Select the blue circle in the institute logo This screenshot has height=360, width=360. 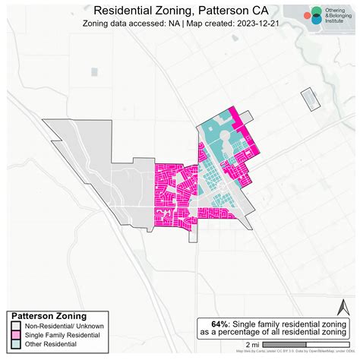(315, 21)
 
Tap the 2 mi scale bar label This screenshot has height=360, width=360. (251, 345)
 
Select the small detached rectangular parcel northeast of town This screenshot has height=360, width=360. (309, 101)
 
